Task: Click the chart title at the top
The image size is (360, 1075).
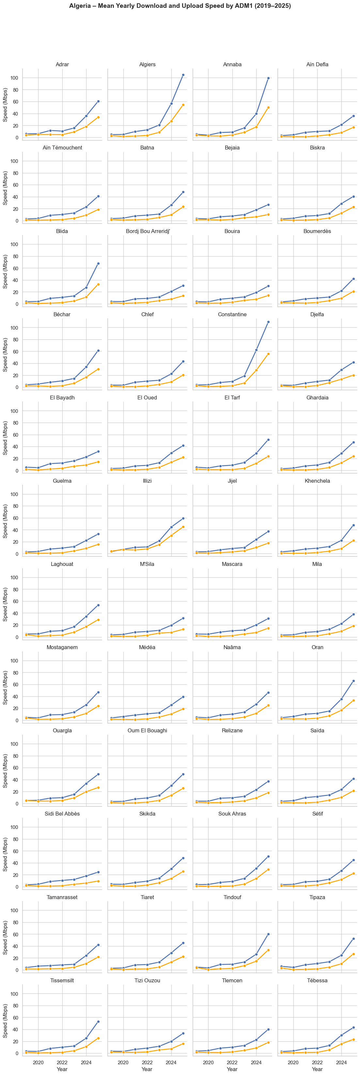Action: pyautogui.click(x=180, y=6)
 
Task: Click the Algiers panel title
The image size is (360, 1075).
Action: pyautogui.click(x=147, y=65)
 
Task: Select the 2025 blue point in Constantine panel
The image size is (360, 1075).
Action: pyautogui.click(x=268, y=322)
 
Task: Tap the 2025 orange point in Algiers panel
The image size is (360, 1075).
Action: pyautogui.click(x=183, y=105)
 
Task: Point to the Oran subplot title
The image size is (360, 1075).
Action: pyautogui.click(x=317, y=647)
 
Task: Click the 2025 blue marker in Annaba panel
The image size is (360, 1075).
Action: pyautogui.click(x=268, y=78)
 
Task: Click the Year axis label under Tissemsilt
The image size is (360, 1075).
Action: pyautogui.click(x=62, y=1069)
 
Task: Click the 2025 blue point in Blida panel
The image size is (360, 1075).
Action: pyautogui.click(x=98, y=263)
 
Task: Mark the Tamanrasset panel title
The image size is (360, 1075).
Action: pyautogui.click(x=62, y=897)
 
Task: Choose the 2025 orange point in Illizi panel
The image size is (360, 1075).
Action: pyautogui.click(x=183, y=527)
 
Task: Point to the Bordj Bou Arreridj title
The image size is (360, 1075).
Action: pyautogui.click(x=147, y=231)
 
